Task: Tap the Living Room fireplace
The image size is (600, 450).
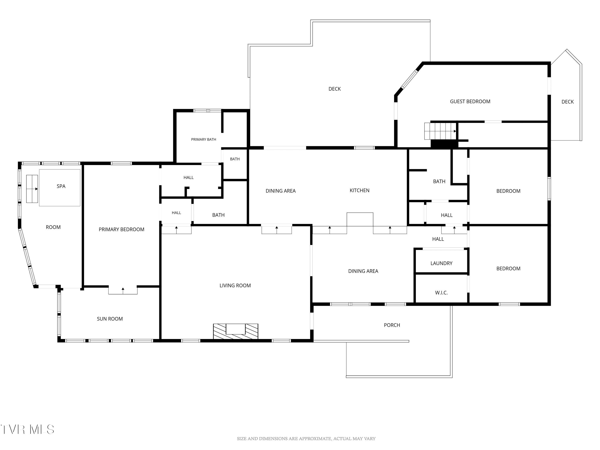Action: tap(235, 331)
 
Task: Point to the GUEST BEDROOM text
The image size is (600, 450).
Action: tap(470, 101)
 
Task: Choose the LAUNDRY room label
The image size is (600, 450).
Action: tap(441, 263)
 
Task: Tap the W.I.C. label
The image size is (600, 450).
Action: tap(441, 293)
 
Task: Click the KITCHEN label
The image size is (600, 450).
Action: tap(359, 190)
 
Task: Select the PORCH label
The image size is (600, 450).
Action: tap(392, 325)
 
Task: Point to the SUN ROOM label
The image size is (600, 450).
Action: tap(110, 319)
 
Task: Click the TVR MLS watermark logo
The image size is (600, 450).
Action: tap(27, 429)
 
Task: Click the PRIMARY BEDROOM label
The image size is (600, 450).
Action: tap(122, 229)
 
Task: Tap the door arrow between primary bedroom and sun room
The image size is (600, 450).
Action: tap(123, 291)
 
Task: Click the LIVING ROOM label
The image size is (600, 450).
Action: tap(235, 285)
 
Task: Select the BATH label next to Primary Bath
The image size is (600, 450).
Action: tap(235, 159)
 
